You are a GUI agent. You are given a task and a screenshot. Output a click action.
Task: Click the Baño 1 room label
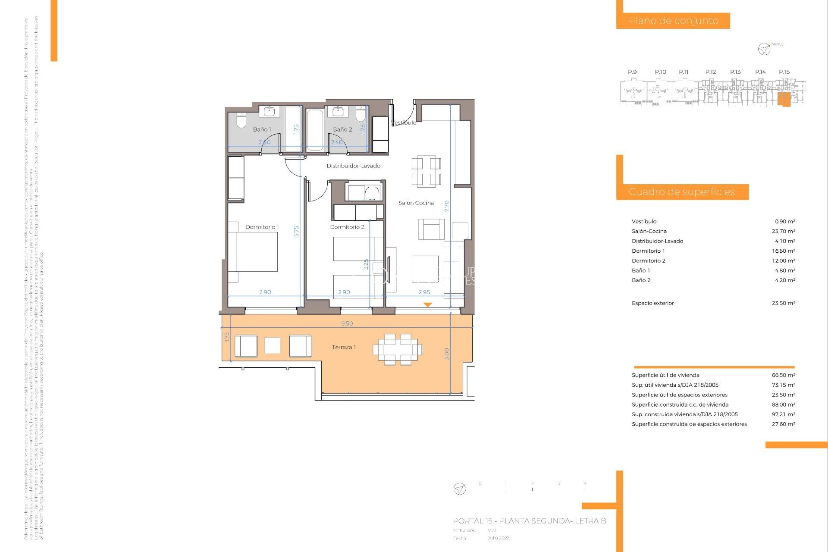[262, 129]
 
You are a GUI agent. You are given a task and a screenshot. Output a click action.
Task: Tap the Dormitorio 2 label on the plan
[347, 227]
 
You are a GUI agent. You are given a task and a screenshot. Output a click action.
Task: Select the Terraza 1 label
[344, 347]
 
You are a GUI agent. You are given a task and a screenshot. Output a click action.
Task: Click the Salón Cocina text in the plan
[416, 203]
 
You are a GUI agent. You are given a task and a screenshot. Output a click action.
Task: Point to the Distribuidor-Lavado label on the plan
[353, 166]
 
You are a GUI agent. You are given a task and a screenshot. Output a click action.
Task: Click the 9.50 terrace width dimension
[347, 323]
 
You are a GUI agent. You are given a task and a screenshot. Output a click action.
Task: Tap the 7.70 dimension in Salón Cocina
[447, 206]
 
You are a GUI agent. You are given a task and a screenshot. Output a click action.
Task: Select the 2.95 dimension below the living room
[424, 292]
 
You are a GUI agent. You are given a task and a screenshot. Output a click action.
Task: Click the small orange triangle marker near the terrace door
[427, 304]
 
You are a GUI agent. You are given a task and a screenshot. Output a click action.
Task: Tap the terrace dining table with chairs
[398, 349]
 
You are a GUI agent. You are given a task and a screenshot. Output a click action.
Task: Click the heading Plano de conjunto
[673, 21]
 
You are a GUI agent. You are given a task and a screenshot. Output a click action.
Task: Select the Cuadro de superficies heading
[681, 192]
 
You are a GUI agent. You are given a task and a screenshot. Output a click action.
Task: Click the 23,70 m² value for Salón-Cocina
[783, 232]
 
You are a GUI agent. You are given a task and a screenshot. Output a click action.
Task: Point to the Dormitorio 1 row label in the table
[648, 251]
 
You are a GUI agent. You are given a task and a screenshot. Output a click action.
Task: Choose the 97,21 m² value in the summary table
[783, 414]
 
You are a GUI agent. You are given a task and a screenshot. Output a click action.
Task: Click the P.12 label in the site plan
[710, 72]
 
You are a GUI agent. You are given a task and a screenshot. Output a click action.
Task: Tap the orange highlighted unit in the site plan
[784, 99]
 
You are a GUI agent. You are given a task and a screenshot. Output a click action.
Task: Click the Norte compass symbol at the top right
[764, 49]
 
